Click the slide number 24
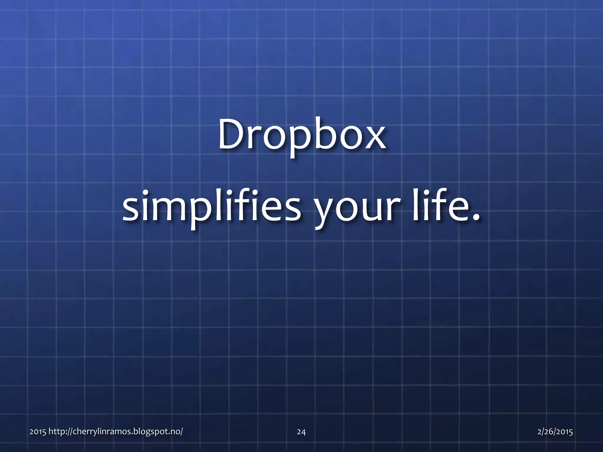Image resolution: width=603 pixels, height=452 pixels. point(301,432)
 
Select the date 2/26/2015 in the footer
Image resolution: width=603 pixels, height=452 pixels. point(555,432)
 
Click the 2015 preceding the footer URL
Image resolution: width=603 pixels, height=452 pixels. point(38,432)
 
